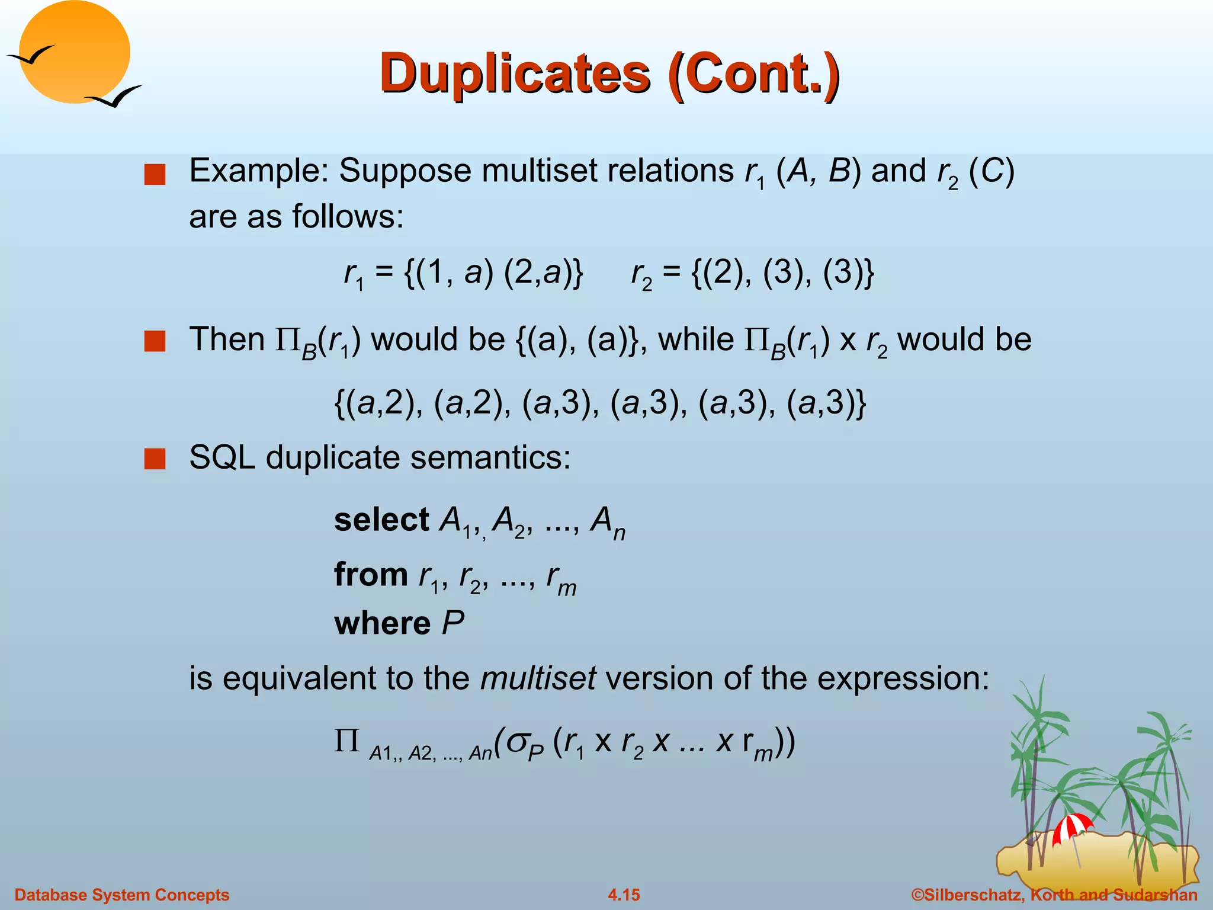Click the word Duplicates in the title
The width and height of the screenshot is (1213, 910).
[x=514, y=73]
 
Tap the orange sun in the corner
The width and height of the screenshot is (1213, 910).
[x=74, y=52]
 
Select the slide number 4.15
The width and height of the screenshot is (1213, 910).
[x=624, y=895]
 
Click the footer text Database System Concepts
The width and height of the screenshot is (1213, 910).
[x=121, y=895]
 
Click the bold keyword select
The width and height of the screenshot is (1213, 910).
[x=381, y=520]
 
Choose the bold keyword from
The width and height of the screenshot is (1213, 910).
[x=371, y=575]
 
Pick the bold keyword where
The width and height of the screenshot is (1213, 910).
[x=382, y=623]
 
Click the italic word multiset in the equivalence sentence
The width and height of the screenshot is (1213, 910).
[x=538, y=678]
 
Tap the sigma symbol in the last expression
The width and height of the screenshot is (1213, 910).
[x=516, y=741]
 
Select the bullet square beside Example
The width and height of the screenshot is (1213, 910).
[x=155, y=175]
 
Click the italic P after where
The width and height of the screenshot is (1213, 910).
[x=453, y=623]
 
